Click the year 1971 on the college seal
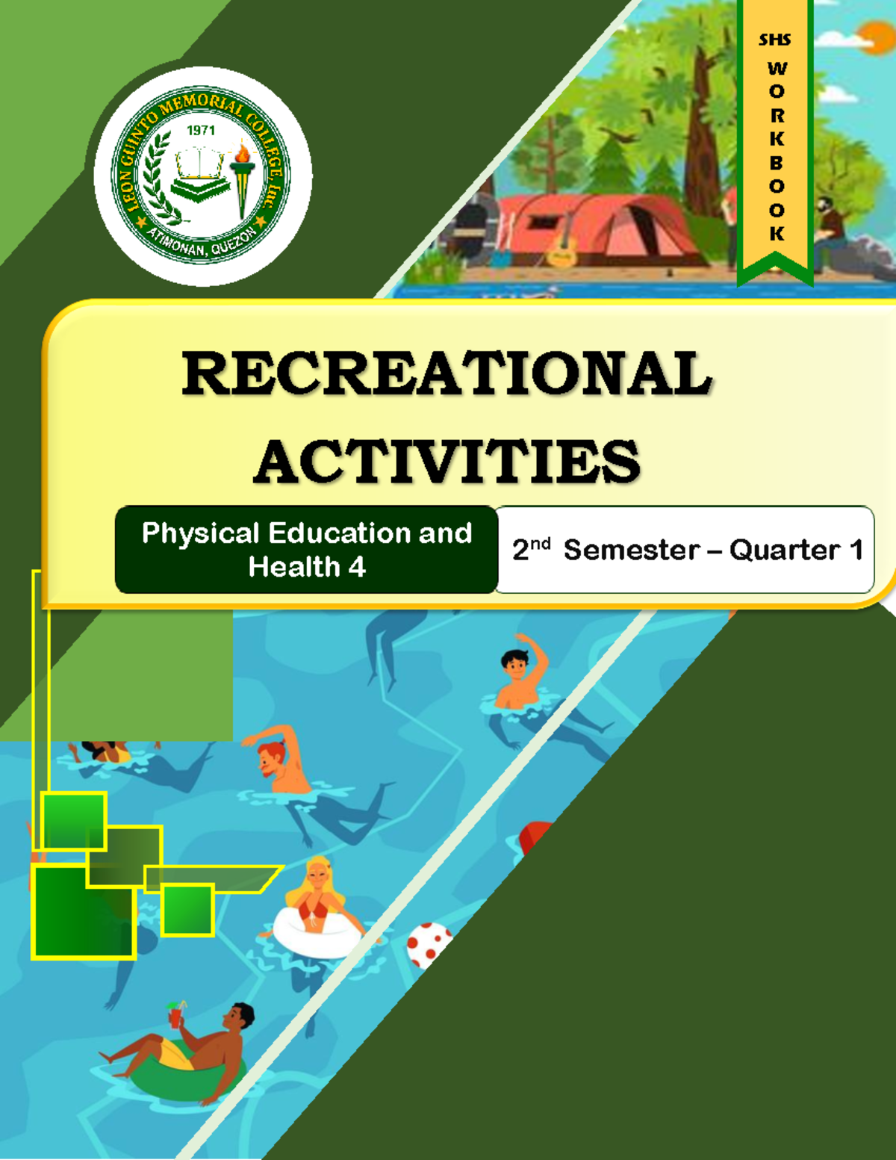(x=201, y=131)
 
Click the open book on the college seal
(x=199, y=163)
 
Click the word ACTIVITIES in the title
(x=447, y=462)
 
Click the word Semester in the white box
(x=631, y=550)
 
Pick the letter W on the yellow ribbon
(x=777, y=69)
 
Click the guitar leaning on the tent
(x=562, y=243)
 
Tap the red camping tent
(x=597, y=224)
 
